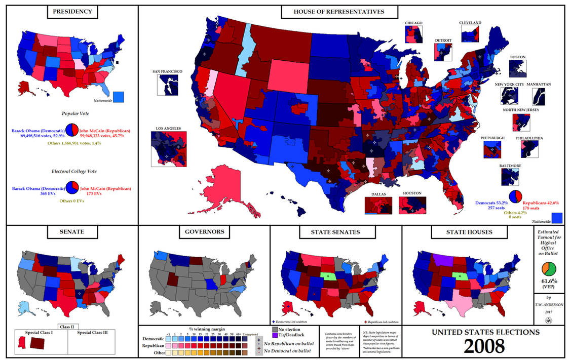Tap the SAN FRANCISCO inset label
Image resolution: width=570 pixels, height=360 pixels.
coord(167,72)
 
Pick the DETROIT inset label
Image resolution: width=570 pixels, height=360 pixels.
coord(443,40)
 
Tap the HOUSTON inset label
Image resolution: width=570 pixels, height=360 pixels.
coord(412,193)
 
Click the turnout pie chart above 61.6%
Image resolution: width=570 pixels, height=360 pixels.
coord(549,269)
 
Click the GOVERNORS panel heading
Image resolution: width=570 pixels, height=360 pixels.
coord(204,232)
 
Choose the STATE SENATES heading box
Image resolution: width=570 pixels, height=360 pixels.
coord(336,232)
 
